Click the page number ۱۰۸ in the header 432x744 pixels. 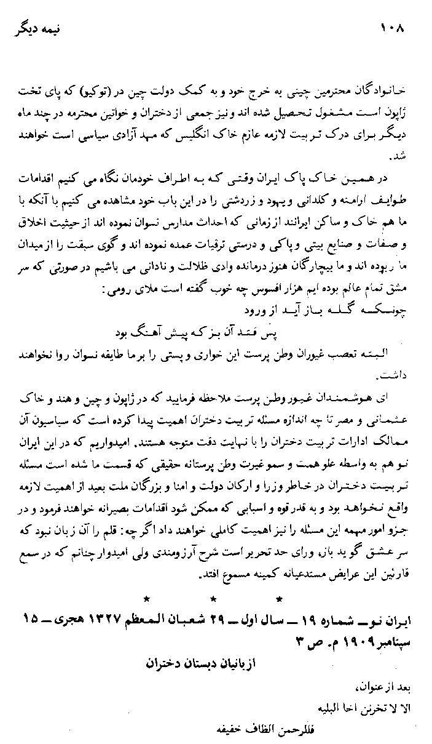[x=394, y=28]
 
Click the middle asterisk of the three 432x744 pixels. [x=213, y=598]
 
